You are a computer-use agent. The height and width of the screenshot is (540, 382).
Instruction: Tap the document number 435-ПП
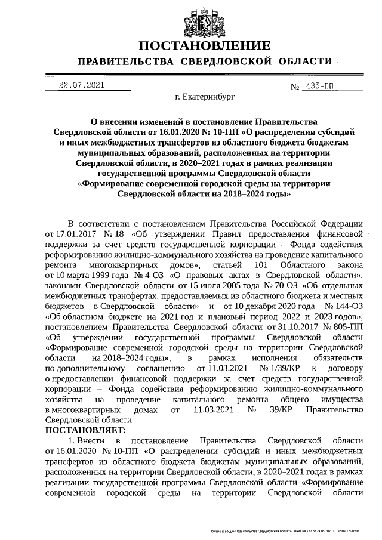pos(319,85)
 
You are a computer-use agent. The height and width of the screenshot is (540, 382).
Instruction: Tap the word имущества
pos(338,399)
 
